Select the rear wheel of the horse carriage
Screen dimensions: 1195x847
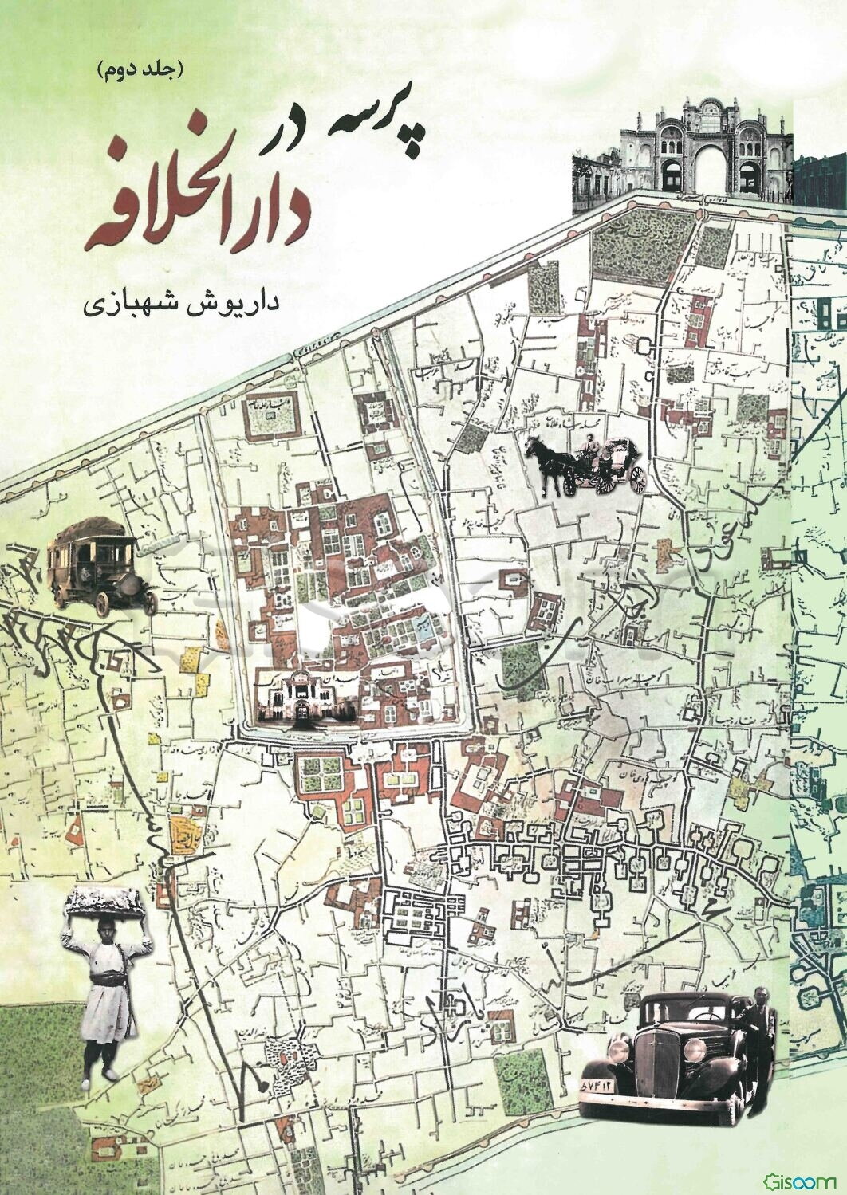636,478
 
